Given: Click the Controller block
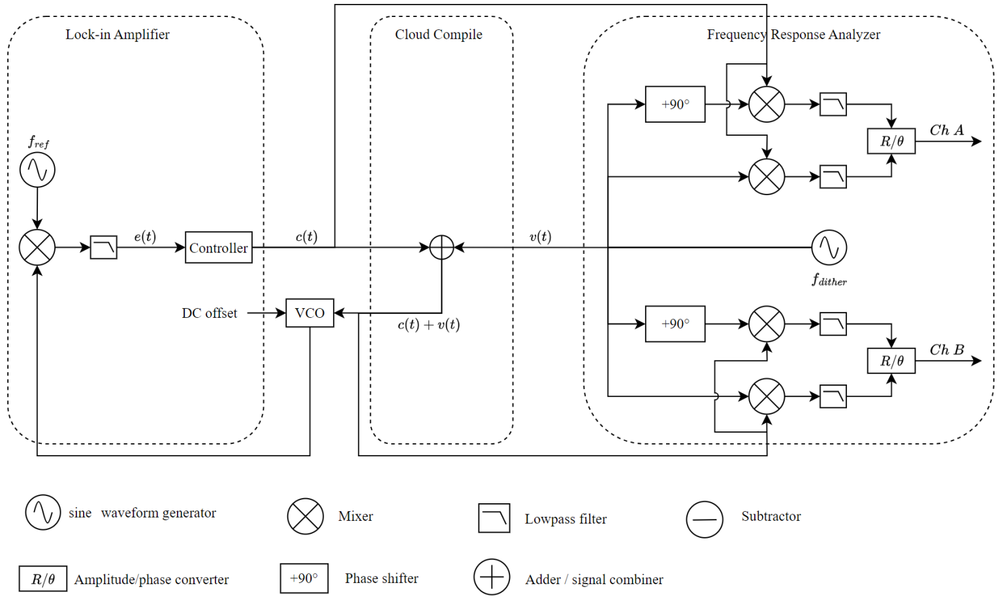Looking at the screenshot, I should coord(218,247).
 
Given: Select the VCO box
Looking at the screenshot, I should coord(310,313).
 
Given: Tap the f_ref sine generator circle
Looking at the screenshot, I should coord(37,170).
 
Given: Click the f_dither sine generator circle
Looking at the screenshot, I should coord(829,247).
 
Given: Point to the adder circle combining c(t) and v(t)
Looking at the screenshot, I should coord(441,247).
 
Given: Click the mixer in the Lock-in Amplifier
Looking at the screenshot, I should coord(37,247).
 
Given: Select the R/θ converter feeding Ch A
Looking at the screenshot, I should coord(891,141).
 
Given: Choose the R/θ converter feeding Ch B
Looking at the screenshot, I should coord(891,360).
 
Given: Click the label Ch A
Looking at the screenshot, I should coord(946,131).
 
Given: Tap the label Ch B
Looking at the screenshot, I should coord(946,350).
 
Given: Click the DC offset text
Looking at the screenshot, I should coord(209,313).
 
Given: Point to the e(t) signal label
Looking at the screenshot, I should coord(145,236).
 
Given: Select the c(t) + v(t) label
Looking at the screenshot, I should coord(428,324).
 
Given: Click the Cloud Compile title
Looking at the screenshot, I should coord(438,35).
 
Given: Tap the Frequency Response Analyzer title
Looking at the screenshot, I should coord(793,35).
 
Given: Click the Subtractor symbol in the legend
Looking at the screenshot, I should coord(705,520).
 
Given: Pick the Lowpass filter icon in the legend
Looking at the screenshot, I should coord(494,518).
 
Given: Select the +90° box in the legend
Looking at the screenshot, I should coord(304,578).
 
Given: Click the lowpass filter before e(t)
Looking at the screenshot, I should coord(103,247).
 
